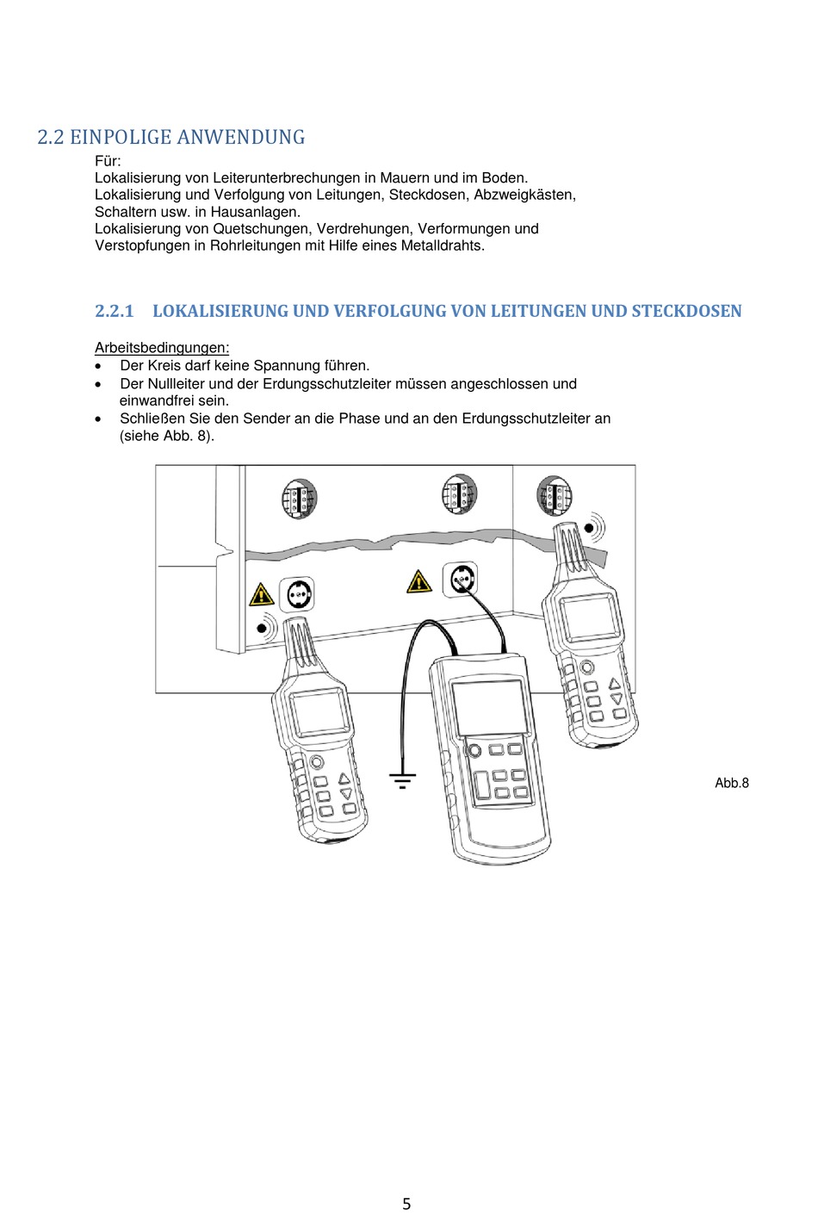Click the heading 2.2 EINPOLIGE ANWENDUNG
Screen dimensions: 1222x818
pos(170,137)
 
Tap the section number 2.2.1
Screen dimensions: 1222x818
pos(115,311)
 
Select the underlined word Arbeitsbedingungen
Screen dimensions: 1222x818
pos(162,348)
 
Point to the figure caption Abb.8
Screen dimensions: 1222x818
pos(731,783)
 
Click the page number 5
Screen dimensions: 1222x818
pos(406,1204)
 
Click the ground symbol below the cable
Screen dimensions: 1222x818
pos(402,781)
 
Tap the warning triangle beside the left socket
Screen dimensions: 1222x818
pos(261,594)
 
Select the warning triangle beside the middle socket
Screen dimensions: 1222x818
pos(418,582)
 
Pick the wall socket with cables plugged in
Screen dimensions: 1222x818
pos(460,579)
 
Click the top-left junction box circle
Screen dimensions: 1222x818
pos(299,499)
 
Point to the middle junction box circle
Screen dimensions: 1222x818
pos(459,493)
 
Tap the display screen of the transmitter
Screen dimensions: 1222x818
pos(488,706)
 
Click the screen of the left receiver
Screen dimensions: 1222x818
pos(319,714)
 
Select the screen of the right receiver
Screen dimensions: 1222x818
pos(589,617)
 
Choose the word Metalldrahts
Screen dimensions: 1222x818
pos(443,245)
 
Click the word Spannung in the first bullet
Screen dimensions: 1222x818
pos(286,365)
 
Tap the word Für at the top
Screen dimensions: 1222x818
pos(108,161)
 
